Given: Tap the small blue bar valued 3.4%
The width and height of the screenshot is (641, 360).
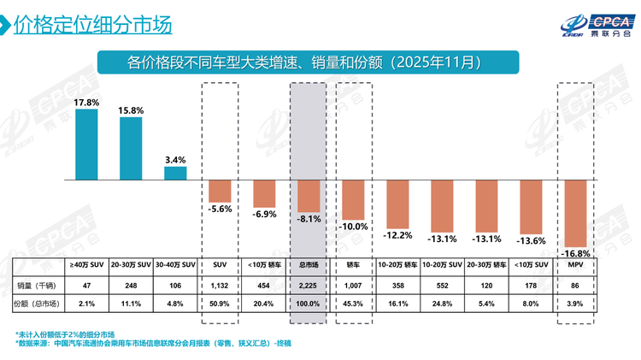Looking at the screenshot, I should coord(175,174).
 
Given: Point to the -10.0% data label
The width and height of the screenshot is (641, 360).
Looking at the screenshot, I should coord(353,227).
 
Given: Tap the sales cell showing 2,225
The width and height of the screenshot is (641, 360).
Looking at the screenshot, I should coord(309,283).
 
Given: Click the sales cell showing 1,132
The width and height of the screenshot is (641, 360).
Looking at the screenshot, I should coord(220,283).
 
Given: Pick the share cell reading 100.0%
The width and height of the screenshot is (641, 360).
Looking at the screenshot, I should coord(309,303).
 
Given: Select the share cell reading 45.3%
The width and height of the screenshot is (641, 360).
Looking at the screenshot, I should coord(353,303).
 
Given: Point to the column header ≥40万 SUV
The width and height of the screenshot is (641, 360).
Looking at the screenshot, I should coord(86,265).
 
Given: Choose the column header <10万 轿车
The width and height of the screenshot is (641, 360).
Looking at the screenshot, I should coord(264,265).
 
